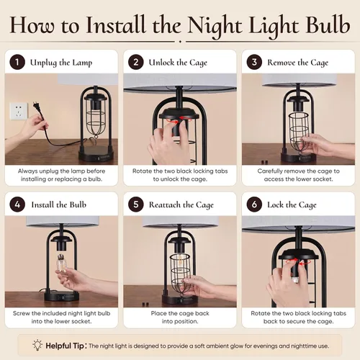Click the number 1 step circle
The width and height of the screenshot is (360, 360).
(17, 62)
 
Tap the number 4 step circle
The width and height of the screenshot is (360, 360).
(17, 204)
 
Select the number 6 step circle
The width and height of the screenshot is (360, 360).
(254, 204)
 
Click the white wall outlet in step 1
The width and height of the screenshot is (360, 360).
(19, 111)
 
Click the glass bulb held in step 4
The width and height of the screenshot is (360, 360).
(62, 265)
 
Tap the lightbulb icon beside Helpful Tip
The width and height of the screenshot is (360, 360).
(37, 345)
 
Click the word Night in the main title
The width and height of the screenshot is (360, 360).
(215, 27)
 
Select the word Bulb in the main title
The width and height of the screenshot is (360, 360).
(328, 24)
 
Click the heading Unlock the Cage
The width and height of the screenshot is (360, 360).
(178, 63)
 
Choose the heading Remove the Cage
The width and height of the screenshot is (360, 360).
(298, 63)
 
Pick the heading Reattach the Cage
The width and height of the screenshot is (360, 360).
(181, 204)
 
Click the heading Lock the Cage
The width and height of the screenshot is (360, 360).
(292, 204)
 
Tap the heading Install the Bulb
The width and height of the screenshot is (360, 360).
(59, 204)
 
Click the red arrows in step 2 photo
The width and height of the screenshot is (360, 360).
(179, 120)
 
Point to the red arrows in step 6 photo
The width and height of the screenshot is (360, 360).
(298, 261)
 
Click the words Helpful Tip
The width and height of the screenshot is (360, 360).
(65, 346)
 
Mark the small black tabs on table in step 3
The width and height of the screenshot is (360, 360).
(264, 162)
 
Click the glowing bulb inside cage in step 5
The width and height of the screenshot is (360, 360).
(179, 262)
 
